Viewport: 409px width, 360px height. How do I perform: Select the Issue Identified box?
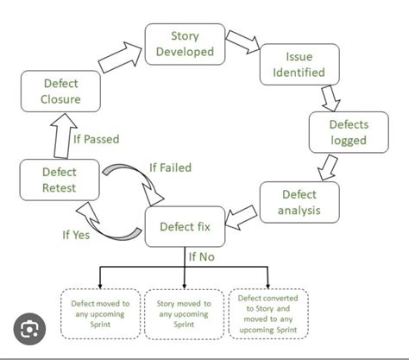[x=299, y=65]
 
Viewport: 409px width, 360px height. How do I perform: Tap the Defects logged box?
[x=348, y=133]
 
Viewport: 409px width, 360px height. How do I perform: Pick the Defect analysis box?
[x=299, y=202]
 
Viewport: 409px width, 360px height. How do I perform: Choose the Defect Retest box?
[x=59, y=180]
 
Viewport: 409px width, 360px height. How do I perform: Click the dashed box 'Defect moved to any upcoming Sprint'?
[x=101, y=313]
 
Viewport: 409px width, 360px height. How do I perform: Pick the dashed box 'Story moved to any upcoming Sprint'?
[x=185, y=313]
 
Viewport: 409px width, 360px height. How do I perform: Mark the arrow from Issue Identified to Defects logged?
[x=329, y=97]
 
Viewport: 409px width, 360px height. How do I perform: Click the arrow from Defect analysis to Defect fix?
[x=242, y=214]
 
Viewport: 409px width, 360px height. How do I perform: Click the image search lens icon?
[x=30, y=329]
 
